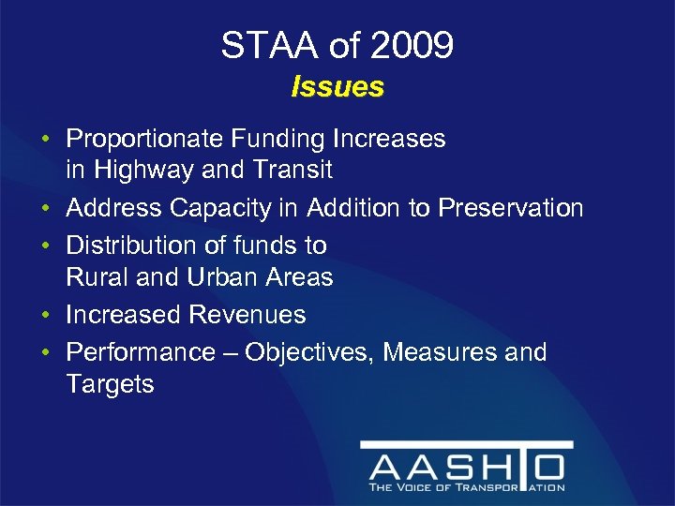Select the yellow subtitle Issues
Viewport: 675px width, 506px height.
(337, 87)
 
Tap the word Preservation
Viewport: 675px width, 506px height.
(507, 208)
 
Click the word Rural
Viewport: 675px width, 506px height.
(97, 277)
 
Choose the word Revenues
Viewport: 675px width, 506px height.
(247, 315)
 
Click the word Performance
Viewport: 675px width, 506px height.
(141, 352)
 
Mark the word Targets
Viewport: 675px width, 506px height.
(110, 384)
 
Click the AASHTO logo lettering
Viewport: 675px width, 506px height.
(466, 466)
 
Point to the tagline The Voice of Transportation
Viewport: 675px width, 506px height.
(466, 487)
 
